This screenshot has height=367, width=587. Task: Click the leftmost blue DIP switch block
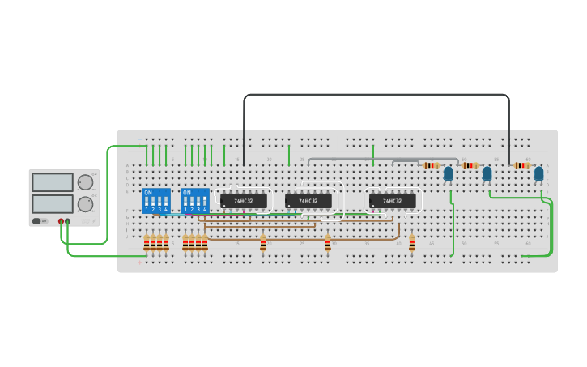[x=155, y=200]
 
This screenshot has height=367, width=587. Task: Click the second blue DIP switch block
[x=195, y=200]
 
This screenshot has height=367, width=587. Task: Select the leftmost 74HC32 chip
[x=243, y=200]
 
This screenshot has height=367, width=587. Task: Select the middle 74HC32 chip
[x=308, y=200]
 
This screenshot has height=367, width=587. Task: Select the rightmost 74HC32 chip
[x=393, y=200]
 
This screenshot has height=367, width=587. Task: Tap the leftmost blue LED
[x=448, y=173]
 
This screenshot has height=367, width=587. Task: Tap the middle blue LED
[x=487, y=173]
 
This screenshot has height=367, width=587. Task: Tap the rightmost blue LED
[x=538, y=173]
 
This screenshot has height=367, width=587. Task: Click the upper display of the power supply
[x=53, y=182]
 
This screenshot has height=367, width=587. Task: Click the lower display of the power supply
[x=53, y=203]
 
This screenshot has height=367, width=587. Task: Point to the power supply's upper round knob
[x=85, y=182]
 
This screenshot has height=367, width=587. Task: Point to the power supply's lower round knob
[x=85, y=204]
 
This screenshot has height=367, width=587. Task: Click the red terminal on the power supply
[x=61, y=221]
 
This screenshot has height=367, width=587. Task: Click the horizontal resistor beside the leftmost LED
[x=432, y=165]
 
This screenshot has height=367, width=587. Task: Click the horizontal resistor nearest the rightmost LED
[x=522, y=165]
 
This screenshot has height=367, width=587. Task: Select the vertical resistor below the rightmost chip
[x=412, y=242]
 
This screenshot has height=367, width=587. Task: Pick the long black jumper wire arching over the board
[x=376, y=95]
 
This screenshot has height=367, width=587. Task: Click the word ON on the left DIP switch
[x=148, y=193]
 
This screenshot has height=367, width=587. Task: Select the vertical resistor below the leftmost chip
[x=263, y=242]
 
